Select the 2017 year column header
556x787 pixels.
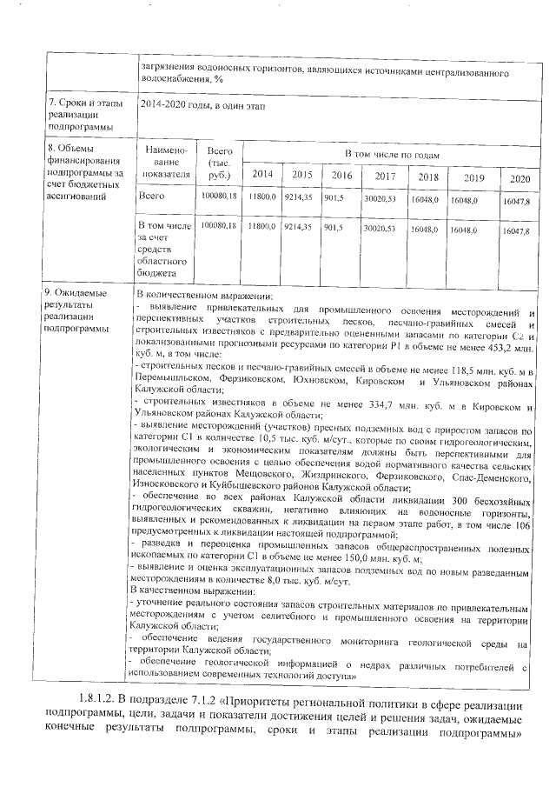tap(384, 177)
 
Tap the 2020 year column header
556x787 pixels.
tap(520, 178)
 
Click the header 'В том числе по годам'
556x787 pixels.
tap(392, 154)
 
